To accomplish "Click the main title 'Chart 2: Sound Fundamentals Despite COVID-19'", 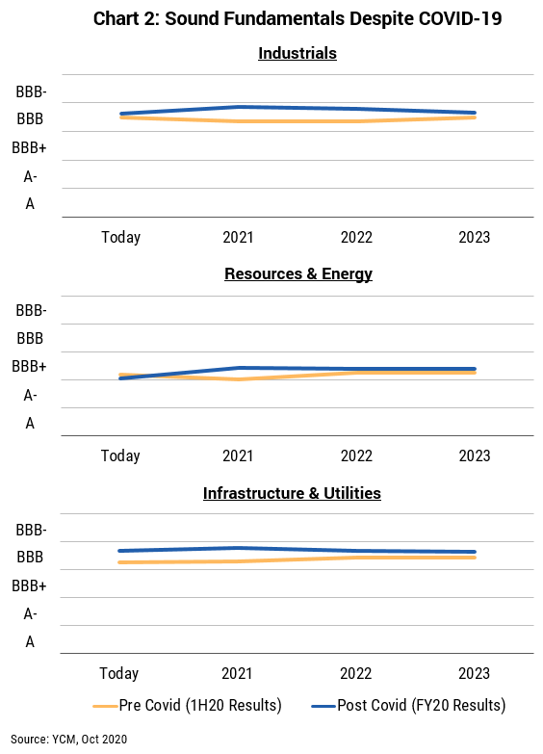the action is pyautogui.click(x=297, y=18).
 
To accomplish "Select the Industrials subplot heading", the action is pyautogui.click(x=297, y=53).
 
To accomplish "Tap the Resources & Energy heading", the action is pyautogui.click(x=298, y=274).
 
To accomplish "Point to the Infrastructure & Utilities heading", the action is pyautogui.click(x=292, y=493).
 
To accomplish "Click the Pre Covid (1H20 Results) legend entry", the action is pyautogui.click(x=187, y=706).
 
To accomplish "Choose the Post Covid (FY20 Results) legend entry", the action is pyautogui.click(x=408, y=706).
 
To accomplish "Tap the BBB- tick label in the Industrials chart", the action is pyautogui.click(x=31, y=91).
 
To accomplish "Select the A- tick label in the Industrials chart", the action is pyautogui.click(x=30, y=177).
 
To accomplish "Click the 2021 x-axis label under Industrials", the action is pyautogui.click(x=238, y=237).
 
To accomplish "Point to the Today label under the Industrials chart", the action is pyautogui.click(x=120, y=237).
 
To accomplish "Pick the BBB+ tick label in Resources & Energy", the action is pyautogui.click(x=29, y=367).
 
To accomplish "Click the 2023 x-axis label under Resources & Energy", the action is pyautogui.click(x=475, y=455).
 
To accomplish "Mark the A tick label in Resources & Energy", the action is pyautogui.click(x=30, y=424).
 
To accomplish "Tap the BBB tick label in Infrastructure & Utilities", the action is pyautogui.click(x=30, y=558).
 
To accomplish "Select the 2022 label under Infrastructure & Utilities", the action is pyautogui.click(x=356, y=674).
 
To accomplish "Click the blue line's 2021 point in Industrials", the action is pyautogui.click(x=239, y=107).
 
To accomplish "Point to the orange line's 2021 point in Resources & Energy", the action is pyautogui.click(x=239, y=378).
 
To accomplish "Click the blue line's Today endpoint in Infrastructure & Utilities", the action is pyautogui.click(x=120, y=551).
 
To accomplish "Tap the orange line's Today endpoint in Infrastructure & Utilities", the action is pyautogui.click(x=120, y=562).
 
